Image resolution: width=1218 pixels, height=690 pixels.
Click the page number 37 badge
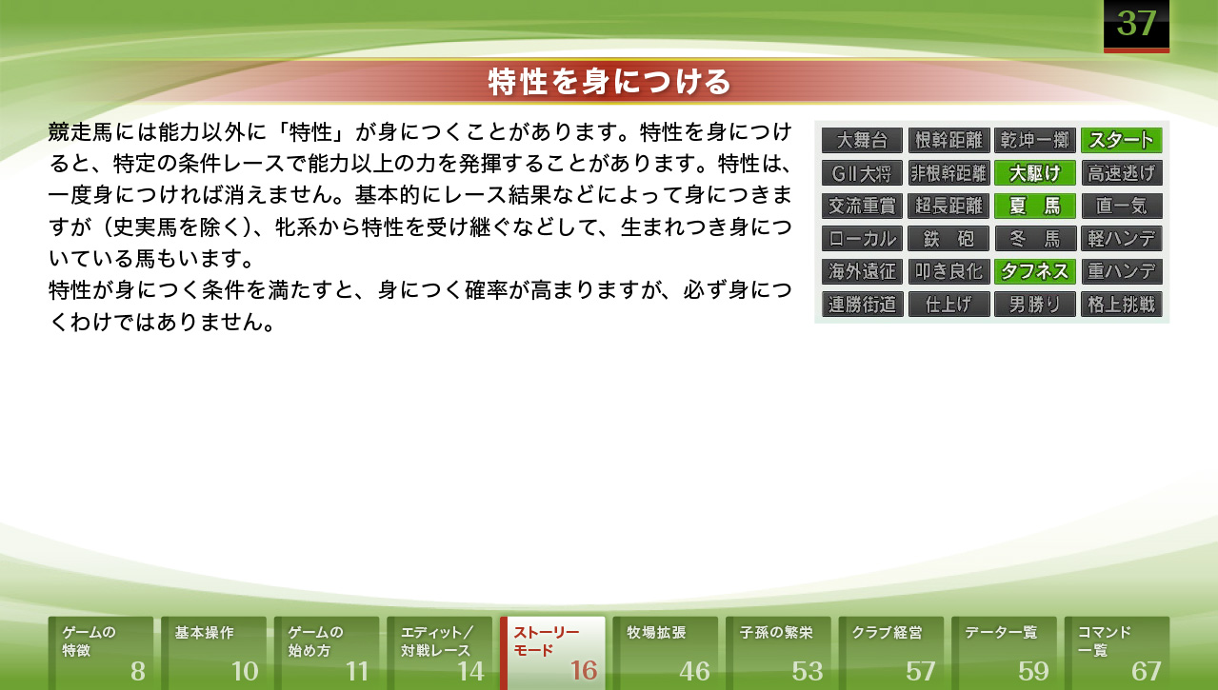tap(1136, 26)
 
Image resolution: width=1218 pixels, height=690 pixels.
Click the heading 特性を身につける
tap(609, 82)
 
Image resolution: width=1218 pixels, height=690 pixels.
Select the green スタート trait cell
tap(1122, 140)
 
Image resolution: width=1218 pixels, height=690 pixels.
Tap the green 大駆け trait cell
tap(1035, 173)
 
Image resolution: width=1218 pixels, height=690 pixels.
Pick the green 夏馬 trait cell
tap(1035, 206)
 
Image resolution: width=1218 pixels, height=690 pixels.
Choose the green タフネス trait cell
tap(1035, 271)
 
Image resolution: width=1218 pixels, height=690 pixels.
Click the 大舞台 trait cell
tap(862, 140)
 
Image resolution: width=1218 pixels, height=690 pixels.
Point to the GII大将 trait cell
tap(862, 173)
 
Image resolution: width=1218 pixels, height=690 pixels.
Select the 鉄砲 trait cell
tap(948, 239)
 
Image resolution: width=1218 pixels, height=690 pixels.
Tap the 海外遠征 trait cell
tap(862, 271)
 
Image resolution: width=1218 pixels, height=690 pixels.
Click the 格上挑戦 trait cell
tap(1122, 305)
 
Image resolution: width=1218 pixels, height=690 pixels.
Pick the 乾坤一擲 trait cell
tap(1035, 140)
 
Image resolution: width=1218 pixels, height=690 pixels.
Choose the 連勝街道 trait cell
tap(862, 305)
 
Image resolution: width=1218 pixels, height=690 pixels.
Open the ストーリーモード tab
tap(552, 653)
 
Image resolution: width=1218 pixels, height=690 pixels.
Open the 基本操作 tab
tap(213, 653)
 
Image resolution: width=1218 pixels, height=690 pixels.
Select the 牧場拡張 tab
tap(666, 653)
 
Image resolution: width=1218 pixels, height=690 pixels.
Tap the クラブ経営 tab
tap(891, 653)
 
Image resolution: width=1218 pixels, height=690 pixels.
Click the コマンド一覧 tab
tap(1117, 653)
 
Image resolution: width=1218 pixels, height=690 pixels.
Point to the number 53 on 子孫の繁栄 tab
tap(808, 672)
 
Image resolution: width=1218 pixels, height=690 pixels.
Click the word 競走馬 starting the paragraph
tap(81, 132)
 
